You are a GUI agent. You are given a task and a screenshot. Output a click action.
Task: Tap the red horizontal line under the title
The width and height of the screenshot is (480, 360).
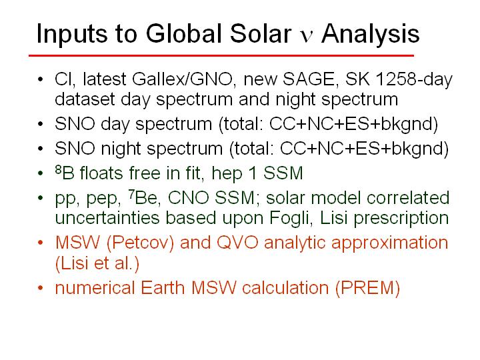point(221,55)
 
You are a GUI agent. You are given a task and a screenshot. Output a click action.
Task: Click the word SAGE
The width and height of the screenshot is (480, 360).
point(309,79)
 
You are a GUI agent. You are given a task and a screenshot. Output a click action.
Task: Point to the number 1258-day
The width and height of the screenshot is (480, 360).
point(414,80)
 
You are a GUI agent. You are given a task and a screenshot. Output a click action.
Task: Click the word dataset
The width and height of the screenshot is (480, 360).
point(85,99)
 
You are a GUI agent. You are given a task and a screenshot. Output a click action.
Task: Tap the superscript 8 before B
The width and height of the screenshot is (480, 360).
point(58,169)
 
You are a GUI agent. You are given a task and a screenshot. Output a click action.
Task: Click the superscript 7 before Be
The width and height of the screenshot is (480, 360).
point(131,194)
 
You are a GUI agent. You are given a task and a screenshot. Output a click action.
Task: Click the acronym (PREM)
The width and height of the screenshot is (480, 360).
point(367,289)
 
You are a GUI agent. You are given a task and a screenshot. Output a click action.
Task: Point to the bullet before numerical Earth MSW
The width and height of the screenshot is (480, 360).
point(41,288)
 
